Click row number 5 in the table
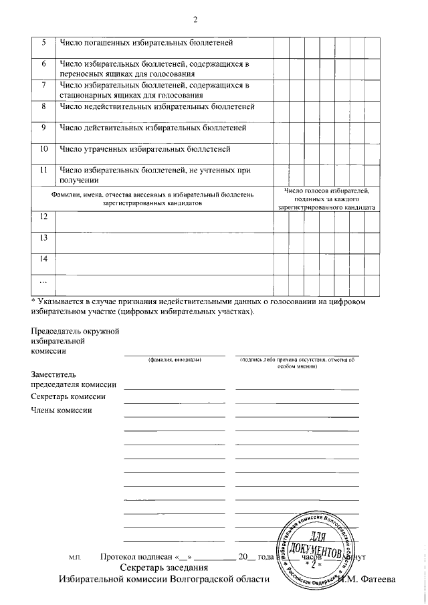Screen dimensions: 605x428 pos(43,43)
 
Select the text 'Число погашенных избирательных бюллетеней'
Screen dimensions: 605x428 pos(146,43)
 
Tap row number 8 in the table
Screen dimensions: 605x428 pos(43,106)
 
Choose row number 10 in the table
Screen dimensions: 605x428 pos(43,148)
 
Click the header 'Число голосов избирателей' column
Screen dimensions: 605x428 pos(326,199)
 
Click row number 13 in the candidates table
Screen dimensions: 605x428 pos(43,237)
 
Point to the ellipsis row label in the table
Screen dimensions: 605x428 pos(43,279)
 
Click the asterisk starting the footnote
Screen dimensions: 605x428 pos(34,303)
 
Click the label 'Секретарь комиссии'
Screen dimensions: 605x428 pos(68,397)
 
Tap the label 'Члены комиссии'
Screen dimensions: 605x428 pos(61,410)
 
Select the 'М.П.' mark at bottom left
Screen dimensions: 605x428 pos(75,557)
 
